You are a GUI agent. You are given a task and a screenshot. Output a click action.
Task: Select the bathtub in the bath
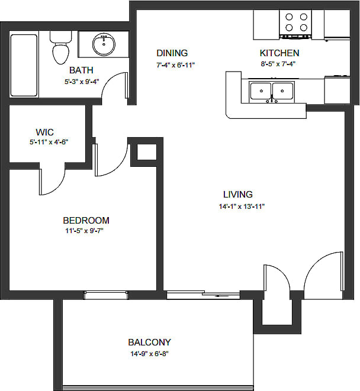pos(24,65)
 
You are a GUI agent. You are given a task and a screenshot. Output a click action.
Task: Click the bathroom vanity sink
pos(105,43)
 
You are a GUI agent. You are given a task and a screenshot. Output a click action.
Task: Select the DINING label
pos(172,53)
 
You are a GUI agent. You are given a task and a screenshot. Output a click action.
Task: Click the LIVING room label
pos(238,194)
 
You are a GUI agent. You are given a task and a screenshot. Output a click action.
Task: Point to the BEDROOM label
pos(86,220)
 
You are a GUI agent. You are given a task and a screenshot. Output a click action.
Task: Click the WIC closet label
pos(45,132)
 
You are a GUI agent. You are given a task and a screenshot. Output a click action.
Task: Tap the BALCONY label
pos(149,342)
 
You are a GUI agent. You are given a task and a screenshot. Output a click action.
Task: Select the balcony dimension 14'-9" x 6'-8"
pos(149,354)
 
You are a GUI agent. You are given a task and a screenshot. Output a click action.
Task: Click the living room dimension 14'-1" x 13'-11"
pos(241,206)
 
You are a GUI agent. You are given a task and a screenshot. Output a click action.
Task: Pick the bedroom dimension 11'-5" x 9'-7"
pos(88,231)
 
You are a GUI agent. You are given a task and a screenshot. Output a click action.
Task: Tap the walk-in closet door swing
pos(53,180)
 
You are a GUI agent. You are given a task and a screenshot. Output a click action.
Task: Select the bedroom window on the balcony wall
pos(106,295)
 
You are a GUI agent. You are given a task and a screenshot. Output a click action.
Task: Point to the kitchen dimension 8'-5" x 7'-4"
pos(278,64)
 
